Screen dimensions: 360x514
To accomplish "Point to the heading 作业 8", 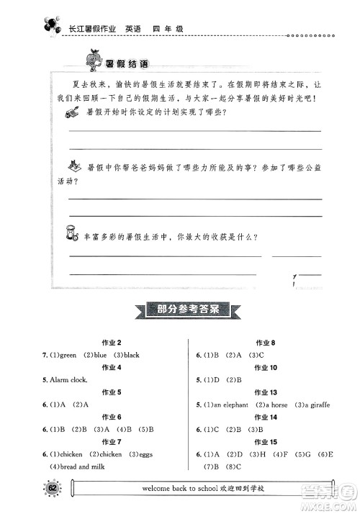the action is click(266, 343).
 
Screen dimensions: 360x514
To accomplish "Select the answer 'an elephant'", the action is click(228, 404).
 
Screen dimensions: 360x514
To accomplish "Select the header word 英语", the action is click(133, 29).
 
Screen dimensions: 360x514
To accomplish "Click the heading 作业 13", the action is click(266, 392).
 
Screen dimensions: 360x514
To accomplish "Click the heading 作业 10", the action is click(266, 368).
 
